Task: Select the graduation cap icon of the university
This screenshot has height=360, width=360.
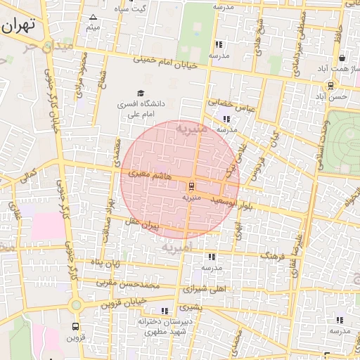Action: (x=140, y=93)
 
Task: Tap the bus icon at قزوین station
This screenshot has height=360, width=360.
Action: (x=75, y=327)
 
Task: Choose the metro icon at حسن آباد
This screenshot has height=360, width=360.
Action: (x=330, y=86)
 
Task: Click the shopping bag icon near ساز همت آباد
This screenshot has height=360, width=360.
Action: (x=342, y=58)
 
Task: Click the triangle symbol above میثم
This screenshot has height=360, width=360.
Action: (x=93, y=17)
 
